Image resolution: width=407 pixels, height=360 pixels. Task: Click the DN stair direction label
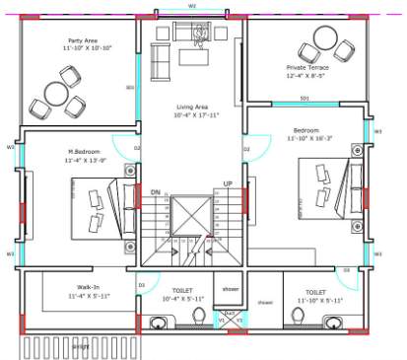tap(155, 192)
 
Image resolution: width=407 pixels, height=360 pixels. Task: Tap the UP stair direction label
tap(228, 183)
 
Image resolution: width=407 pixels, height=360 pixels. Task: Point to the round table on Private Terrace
tap(322, 40)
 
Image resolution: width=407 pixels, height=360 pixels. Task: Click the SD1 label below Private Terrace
tap(305, 99)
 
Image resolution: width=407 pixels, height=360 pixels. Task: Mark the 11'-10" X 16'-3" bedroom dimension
tap(305, 140)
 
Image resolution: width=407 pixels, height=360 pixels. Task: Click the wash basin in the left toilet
tap(159, 322)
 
